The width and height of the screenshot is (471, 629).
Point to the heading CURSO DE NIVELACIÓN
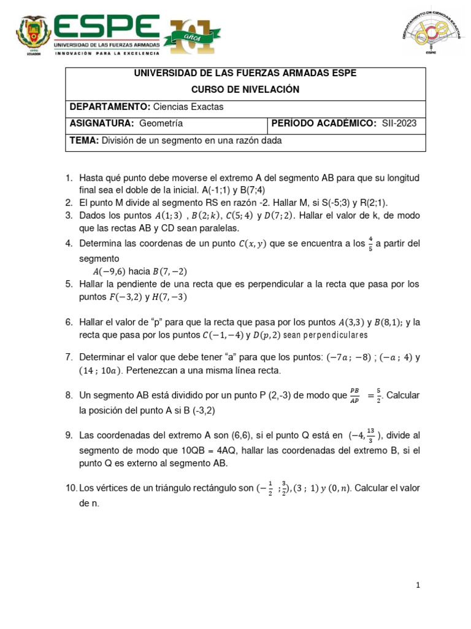[x=245, y=90]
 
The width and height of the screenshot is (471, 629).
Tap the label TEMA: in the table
[x=84, y=140]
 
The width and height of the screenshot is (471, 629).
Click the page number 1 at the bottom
[x=418, y=586]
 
